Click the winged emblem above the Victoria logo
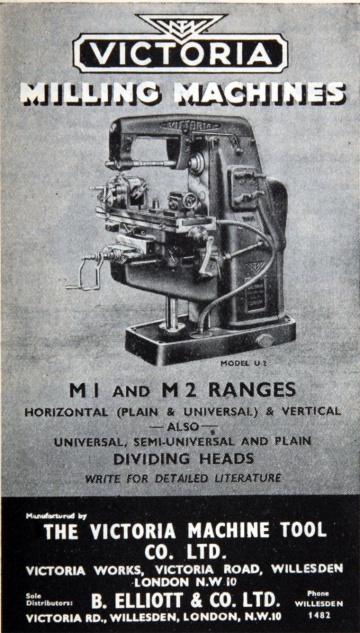coord(181,25)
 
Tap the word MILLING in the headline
coord(96,93)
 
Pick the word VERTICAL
coord(308,410)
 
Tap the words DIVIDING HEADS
coord(180,458)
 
